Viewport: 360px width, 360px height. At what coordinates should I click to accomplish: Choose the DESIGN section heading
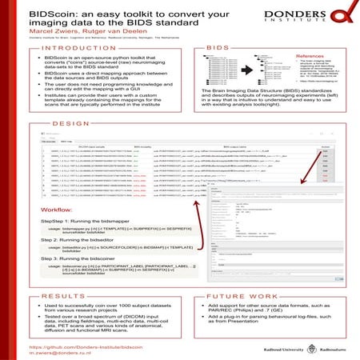click(70, 125)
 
